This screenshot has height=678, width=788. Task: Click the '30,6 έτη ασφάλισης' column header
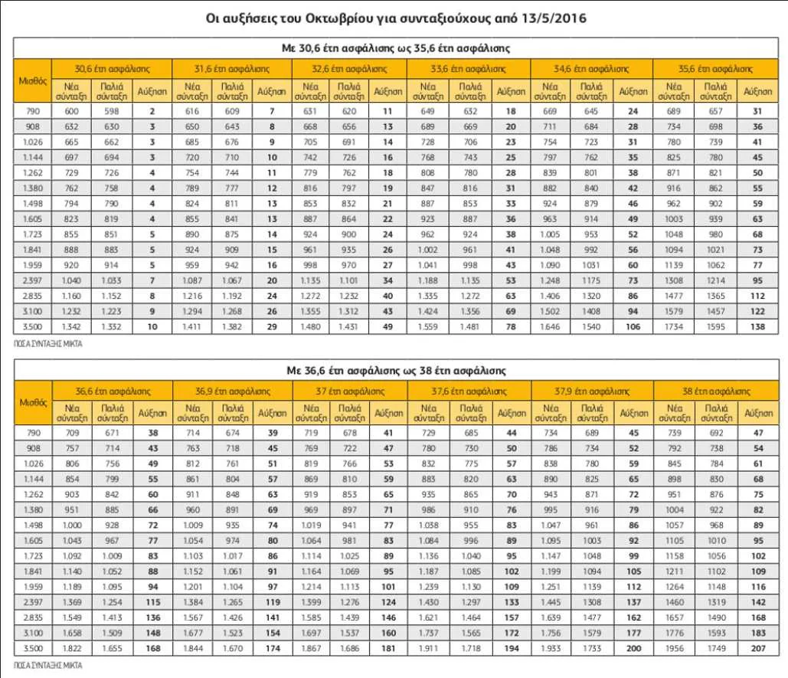[x=112, y=67]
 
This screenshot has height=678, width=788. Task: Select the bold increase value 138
[x=757, y=327]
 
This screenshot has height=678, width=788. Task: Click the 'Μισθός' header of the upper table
[x=33, y=80]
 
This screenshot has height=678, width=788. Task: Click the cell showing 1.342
[x=70, y=327]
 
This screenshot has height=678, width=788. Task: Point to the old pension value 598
[x=112, y=111]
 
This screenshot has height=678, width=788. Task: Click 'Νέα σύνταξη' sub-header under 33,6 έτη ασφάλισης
[x=430, y=91]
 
